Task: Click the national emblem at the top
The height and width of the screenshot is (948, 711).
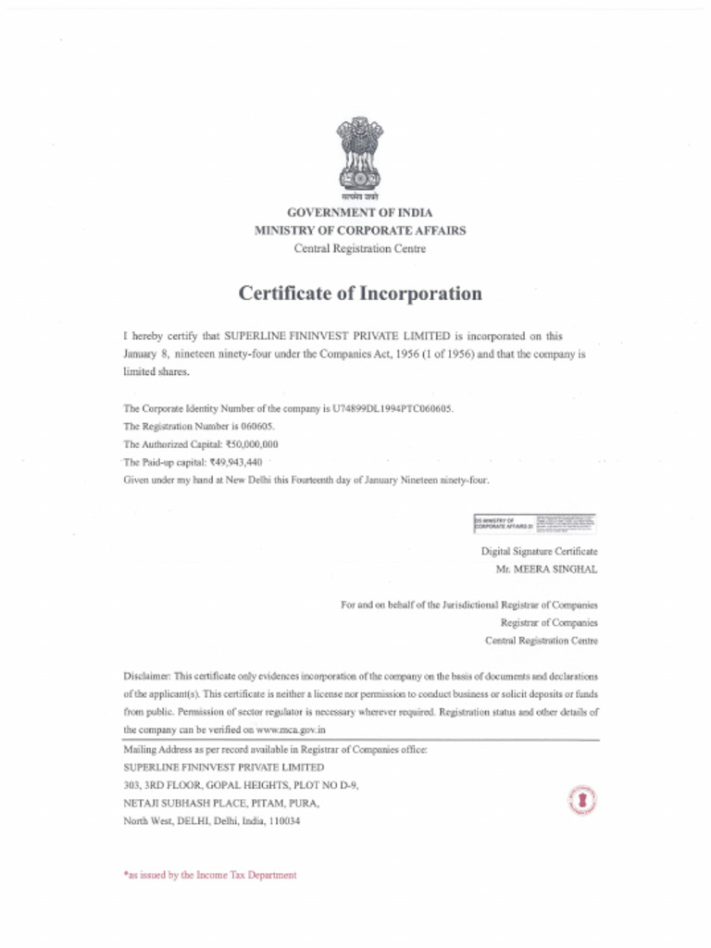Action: click(x=358, y=155)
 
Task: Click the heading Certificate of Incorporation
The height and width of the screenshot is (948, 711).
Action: click(x=360, y=293)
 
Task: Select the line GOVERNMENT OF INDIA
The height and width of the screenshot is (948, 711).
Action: click(x=359, y=213)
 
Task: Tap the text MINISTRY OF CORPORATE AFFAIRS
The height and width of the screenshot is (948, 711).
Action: click(x=360, y=231)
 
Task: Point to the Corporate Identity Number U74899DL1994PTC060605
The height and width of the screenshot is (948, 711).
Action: click(x=393, y=408)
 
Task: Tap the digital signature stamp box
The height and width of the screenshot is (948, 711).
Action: click(x=534, y=524)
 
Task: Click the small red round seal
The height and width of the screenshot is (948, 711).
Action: click(x=581, y=800)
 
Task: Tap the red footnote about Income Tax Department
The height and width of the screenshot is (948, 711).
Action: click(x=210, y=875)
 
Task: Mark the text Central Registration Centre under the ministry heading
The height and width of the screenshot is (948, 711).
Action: click(x=360, y=248)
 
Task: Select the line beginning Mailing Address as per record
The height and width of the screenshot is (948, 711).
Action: click(x=275, y=749)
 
